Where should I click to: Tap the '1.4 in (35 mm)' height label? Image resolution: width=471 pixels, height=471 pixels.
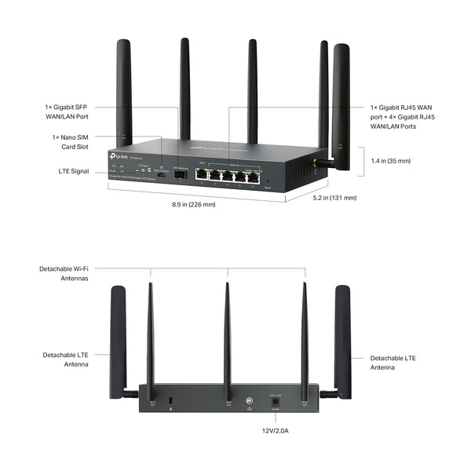point(390,161)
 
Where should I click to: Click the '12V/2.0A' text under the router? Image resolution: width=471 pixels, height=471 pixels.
point(276,430)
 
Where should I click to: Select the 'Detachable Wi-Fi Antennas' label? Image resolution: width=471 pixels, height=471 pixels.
point(64,273)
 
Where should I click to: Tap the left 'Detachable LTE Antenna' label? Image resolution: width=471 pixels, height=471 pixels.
point(64,360)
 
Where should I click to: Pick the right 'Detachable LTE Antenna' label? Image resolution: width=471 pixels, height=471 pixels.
point(393,362)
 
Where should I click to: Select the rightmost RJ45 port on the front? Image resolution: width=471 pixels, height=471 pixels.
point(252,177)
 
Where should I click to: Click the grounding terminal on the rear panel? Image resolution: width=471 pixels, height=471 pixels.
point(249,400)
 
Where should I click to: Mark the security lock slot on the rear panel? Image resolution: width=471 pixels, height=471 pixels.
point(172,402)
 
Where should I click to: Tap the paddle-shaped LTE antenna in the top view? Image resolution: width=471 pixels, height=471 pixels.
point(341,98)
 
